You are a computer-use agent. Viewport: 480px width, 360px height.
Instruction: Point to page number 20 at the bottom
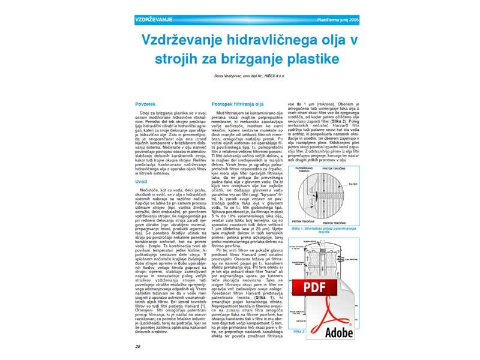[x=137, y=346]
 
